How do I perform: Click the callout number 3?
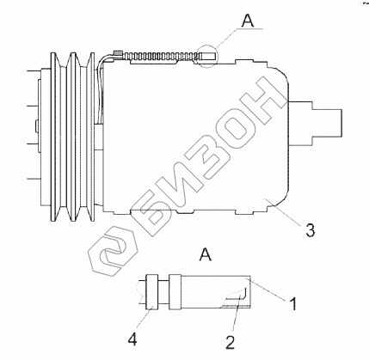pos(310,229)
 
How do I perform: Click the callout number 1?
pos(292,303)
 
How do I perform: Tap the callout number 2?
pos(230,342)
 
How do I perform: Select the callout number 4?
pos(132,340)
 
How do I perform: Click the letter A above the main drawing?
pos(248,21)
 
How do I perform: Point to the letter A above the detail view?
pos(206,254)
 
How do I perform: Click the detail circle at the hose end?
pos(208,56)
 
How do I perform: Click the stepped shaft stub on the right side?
pos(316,123)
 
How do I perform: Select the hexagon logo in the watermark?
pos(113,252)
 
